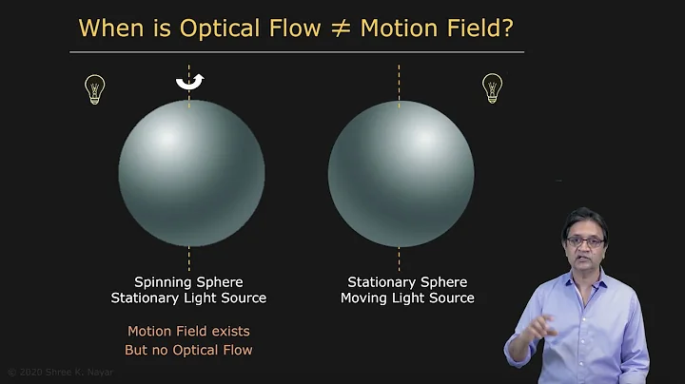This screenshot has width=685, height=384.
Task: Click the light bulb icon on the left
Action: pyautogui.click(x=95, y=89)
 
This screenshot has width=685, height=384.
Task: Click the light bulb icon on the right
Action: pyautogui.click(x=492, y=87)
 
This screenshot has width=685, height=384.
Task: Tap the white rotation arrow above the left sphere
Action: pyautogui.click(x=189, y=83)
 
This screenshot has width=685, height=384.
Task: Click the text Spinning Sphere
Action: pyautogui.click(x=188, y=282)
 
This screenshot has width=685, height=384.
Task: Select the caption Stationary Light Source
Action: pyautogui.click(x=188, y=298)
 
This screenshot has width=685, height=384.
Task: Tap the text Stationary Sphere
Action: pyautogui.click(x=407, y=282)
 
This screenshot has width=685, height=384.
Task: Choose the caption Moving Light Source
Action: pyautogui.click(x=407, y=298)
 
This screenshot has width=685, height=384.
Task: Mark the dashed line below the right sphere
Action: pyautogui.click(x=399, y=259)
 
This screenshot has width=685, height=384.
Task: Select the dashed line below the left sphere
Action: pyautogui.click(x=189, y=259)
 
